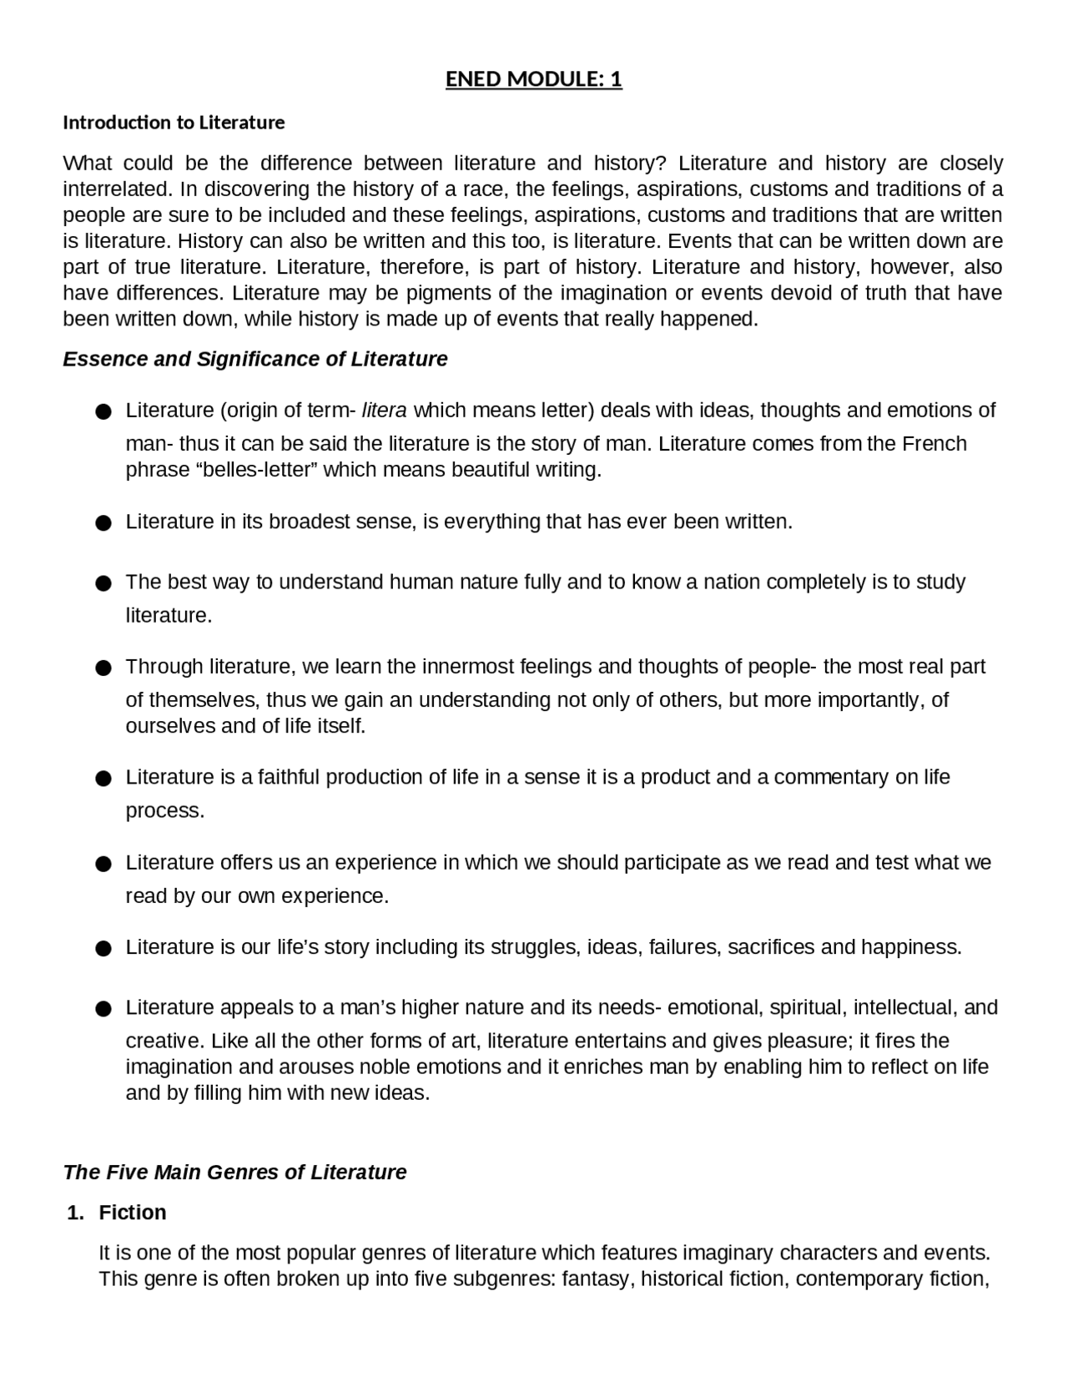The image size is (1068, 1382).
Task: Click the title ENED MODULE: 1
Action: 533,79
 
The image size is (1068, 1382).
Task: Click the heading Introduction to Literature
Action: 174,123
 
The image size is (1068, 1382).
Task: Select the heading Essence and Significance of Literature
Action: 255,359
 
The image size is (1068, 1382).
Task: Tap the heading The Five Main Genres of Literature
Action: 234,1173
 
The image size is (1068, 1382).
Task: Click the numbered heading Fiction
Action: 132,1213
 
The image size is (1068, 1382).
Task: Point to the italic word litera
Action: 385,411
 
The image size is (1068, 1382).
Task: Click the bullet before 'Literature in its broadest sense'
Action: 103,523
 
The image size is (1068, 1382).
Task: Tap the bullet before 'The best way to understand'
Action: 103,583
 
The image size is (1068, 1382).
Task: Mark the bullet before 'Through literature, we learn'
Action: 103,668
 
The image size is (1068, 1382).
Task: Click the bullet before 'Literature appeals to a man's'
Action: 103,1009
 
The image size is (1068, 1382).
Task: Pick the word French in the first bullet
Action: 934,443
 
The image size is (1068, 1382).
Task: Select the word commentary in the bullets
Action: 831,777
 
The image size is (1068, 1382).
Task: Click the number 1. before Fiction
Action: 75,1213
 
